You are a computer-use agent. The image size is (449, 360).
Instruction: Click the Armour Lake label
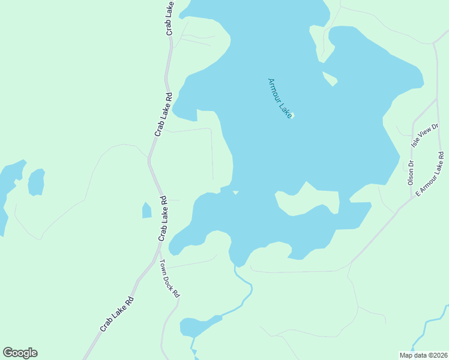[x=280, y=98]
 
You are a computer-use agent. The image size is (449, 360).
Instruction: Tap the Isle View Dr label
[x=425, y=136]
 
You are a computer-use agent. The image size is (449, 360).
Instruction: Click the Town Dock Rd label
[x=170, y=278]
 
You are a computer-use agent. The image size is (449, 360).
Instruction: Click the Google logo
[x=20, y=353]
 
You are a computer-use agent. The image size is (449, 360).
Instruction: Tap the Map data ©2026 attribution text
[x=423, y=355]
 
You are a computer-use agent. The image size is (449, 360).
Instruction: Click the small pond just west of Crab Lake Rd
[x=146, y=211]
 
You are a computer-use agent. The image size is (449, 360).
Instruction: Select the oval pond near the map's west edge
[x=36, y=182]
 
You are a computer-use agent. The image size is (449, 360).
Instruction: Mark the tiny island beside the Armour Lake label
[x=293, y=116]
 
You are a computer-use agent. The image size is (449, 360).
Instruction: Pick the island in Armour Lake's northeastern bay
[x=330, y=79]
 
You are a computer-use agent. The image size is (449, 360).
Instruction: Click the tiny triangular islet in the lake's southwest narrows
[x=236, y=193]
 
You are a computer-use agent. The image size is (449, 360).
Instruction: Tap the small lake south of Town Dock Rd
[x=198, y=326]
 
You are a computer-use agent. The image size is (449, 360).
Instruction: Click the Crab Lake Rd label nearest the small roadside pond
[x=161, y=218]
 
